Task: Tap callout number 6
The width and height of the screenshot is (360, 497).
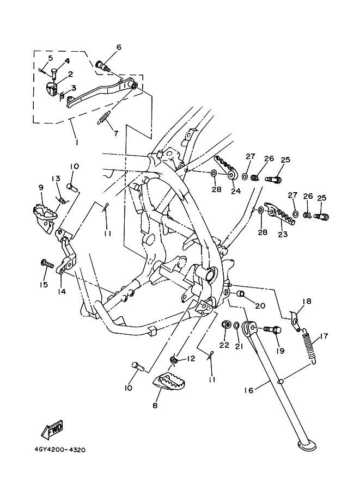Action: (118, 47)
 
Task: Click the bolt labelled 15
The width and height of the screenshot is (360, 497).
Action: (47, 265)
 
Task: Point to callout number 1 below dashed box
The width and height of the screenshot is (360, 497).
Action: (76, 142)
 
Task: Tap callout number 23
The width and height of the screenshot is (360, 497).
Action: (283, 235)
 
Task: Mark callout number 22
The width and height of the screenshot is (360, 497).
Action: (224, 345)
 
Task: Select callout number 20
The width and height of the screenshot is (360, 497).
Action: (260, 305)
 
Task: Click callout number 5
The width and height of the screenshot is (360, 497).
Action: (50, 58)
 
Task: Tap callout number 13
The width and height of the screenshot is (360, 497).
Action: (56, 179)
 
